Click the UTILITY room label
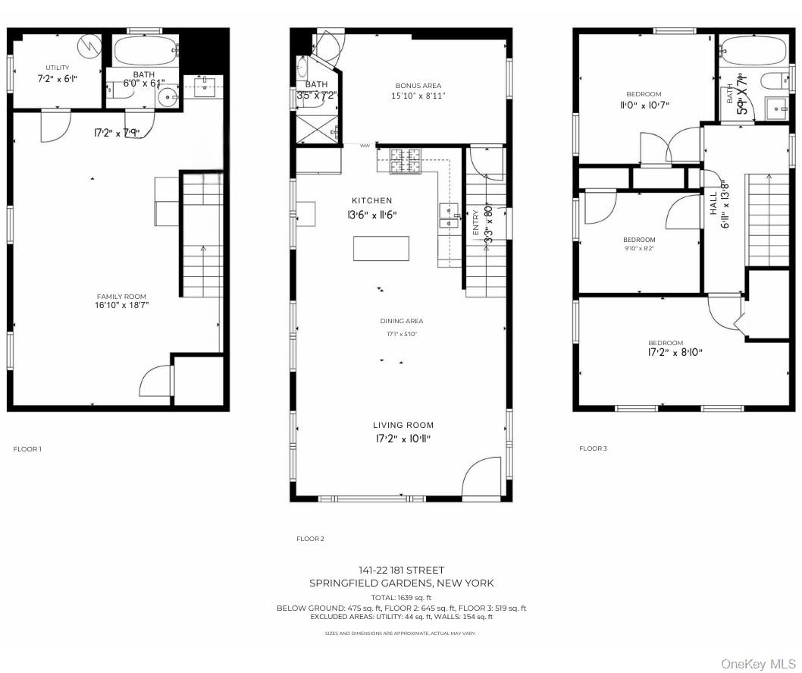pyautogui.click(x=58, y=68)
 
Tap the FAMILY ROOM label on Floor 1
pyautogui.click(x=121, y=297)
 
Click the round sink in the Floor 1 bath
pyautogui.click(x=167, y=96)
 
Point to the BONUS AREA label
pyautogui.click(x=418, y=86)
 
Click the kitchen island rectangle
pyautogui.click(x=381, y=249)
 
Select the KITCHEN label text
pyautogui.click(x=371, y=200)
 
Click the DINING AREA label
pyautogui.click(x=402, y=321)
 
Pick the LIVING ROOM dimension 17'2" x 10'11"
pyautogui.click(x=403, y=439)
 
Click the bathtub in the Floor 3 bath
pyautogui.click(x=754, y=50)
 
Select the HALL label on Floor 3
pyautogui.click(x=714, y=203)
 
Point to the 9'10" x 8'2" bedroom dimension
pyautogui.click(x=639, y=247)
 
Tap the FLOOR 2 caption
pyautogui.click(x=310, y=539)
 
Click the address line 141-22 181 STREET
pyautogui.click(x=401, y=570)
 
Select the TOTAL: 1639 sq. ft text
pyautogui.click(x=401, y=598)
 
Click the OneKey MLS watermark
pyautogui.click(x=757, y=664)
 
